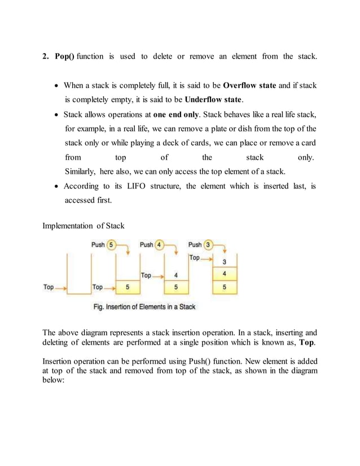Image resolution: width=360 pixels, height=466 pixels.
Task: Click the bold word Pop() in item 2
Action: (x=65, y=56)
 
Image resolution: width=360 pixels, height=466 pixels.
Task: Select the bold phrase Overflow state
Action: (x=249, y=86)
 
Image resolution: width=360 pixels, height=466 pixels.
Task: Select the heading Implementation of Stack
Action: (x=84, y=226)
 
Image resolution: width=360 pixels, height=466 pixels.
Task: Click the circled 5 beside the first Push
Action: (x=112, y=245)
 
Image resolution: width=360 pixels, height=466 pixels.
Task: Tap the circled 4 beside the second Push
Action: (x=160, y=245)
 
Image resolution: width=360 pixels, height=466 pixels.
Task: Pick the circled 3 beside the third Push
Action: (x=208, y=245)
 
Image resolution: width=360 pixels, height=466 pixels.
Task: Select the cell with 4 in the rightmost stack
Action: (x=225, y=275)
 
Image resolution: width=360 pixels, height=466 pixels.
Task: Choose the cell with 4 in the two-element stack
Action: (x=177, y=275)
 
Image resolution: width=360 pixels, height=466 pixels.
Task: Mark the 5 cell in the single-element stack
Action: (x=128, y=287)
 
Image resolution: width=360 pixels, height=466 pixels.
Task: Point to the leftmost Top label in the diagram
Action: (x=49, y=287)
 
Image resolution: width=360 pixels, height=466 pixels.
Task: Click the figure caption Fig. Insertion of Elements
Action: (x=144, y=307)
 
